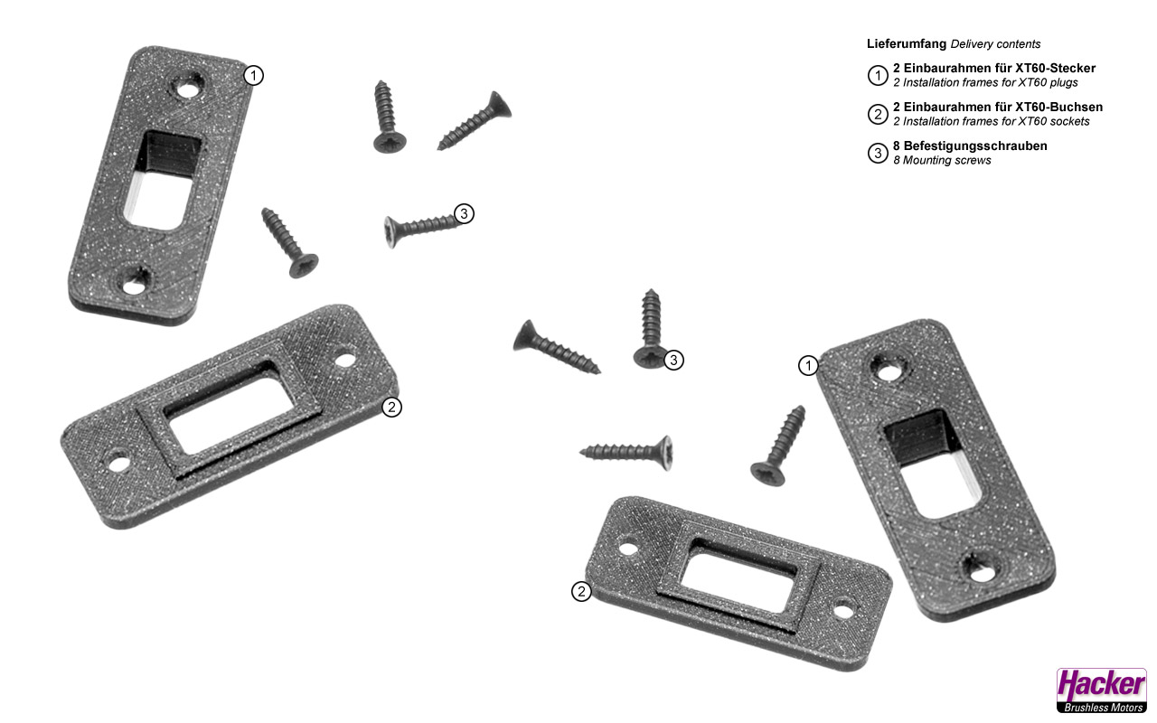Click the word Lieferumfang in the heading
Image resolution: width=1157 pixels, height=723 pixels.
tap(907, 44)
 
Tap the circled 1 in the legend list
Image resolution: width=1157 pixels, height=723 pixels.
tap(878, 75)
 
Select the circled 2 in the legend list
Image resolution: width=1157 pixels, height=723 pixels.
tap(878, 114)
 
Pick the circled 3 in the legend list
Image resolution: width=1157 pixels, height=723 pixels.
tap(878, 153)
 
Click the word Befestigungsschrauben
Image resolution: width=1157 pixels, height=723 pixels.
tap(975, 146)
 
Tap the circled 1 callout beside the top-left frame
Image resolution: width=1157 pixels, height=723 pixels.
tap(253, 75)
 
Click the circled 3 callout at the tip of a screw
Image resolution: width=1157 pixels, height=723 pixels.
tap(464, 213)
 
